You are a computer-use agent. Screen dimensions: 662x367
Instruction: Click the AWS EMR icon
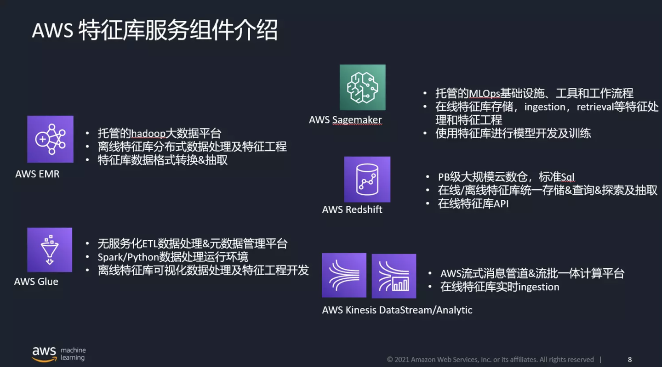(50, 139)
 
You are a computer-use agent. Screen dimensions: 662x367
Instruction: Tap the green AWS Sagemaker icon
(363, 87)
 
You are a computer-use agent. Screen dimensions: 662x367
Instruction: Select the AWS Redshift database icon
(367, 180)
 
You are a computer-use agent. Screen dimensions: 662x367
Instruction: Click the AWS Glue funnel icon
(50, 250)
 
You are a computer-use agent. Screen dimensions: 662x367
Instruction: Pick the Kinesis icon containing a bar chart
(394, 276)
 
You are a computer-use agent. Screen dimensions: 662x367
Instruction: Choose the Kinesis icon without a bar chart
(344, 275)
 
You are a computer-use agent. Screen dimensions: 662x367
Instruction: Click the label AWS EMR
(37, 174)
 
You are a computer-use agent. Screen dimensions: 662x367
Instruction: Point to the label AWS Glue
(36, 282)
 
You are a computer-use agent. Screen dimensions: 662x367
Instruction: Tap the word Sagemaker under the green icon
(357, 120)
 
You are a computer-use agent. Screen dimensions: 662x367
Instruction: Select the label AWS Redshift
(352, 209)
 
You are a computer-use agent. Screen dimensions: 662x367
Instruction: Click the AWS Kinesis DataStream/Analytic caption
(397, 310)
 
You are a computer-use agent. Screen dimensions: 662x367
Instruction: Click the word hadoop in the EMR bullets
(148, 134)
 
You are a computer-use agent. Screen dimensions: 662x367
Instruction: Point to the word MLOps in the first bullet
(485, 94)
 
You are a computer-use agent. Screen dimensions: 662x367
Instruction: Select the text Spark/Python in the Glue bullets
(128, 257)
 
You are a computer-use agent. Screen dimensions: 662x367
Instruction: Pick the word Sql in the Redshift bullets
(567, 177)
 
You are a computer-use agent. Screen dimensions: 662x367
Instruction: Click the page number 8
(630, 359)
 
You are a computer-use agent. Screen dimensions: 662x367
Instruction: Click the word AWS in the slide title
(52, 30)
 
